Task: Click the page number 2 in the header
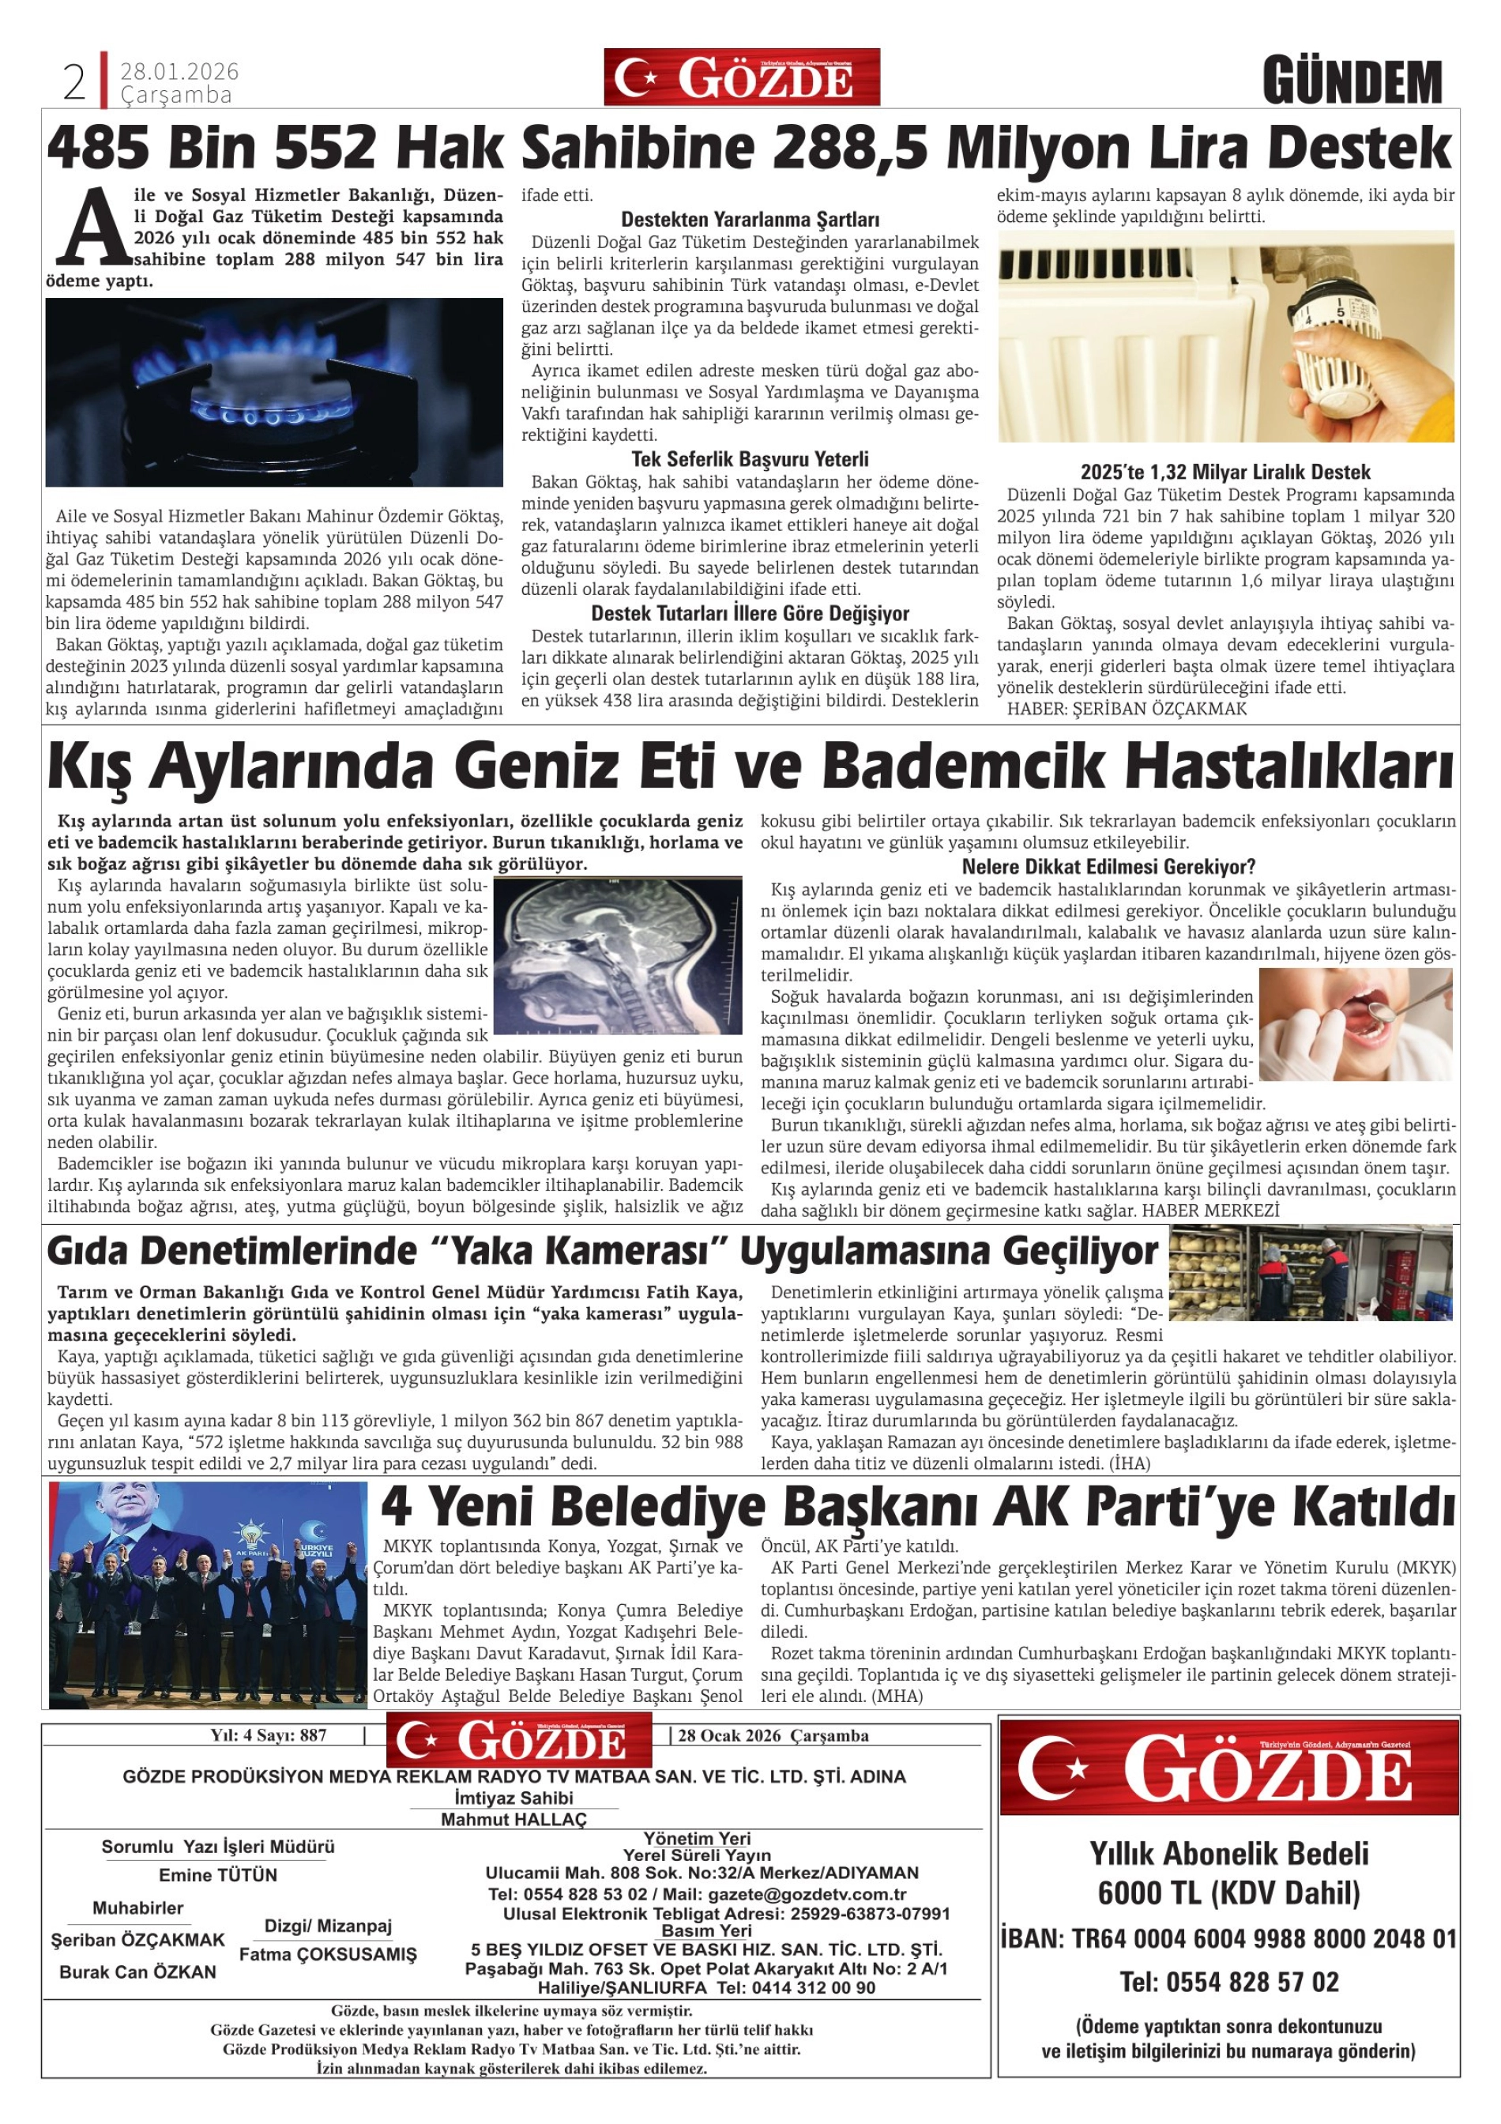[x=74, y=83]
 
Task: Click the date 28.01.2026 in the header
[x=179, y=71]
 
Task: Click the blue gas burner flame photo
[x=274, y=392]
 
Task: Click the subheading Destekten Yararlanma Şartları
[x=749, y=220]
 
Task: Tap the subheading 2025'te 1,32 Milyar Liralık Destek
[x=1224, y=472]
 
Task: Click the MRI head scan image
[x=618, y=955]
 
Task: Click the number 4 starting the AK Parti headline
[x=397, y=1506]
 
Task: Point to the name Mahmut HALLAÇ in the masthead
[x=513, y=1820]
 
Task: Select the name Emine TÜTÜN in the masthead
[x=218, y=1875]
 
